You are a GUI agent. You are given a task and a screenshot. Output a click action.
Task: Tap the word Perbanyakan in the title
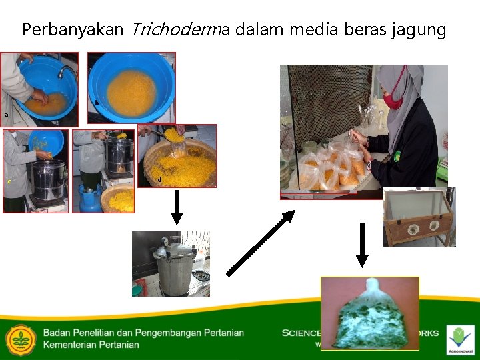pos(73,31)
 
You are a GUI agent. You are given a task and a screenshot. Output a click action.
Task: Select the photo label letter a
pos(7,115)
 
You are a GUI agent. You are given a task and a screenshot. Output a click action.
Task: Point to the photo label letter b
pos(97,103)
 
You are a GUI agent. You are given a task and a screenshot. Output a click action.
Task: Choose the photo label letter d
pos(159,179)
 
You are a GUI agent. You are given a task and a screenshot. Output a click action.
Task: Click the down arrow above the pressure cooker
pos(176,207)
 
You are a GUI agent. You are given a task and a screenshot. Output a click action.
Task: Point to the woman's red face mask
pos(393,99)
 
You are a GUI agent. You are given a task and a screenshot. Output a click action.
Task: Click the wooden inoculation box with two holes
pos(419,217)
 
